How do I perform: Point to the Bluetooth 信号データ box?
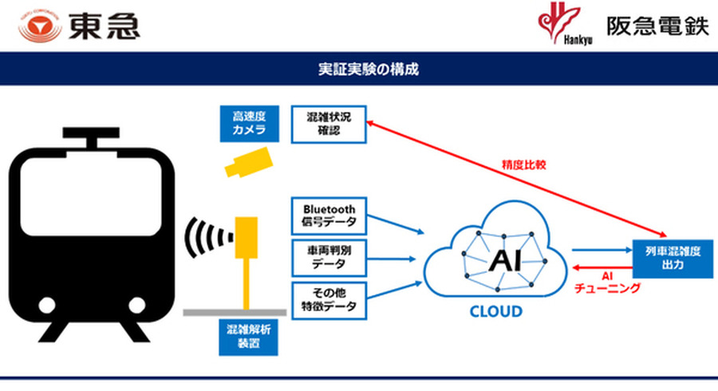[329, 215]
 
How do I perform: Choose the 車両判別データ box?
[329, 257]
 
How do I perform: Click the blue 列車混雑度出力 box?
[672, 259]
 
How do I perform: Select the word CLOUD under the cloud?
[495, 311]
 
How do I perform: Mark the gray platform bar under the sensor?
[235, 312]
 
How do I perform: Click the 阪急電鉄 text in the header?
[658, 26]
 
